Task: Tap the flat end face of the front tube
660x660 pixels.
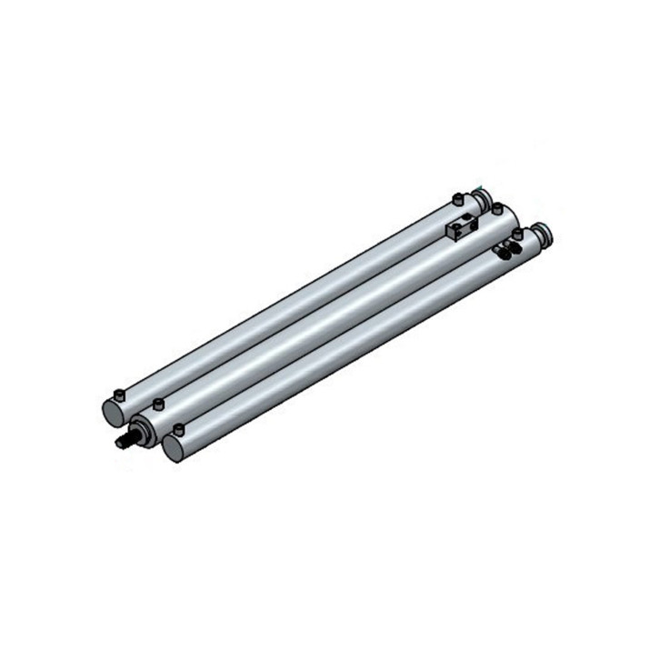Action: point(174,446)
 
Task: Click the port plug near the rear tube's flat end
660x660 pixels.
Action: point(117,395)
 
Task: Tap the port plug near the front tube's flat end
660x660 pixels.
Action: point(178,428)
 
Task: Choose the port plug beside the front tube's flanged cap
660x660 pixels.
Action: point(518,233)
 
